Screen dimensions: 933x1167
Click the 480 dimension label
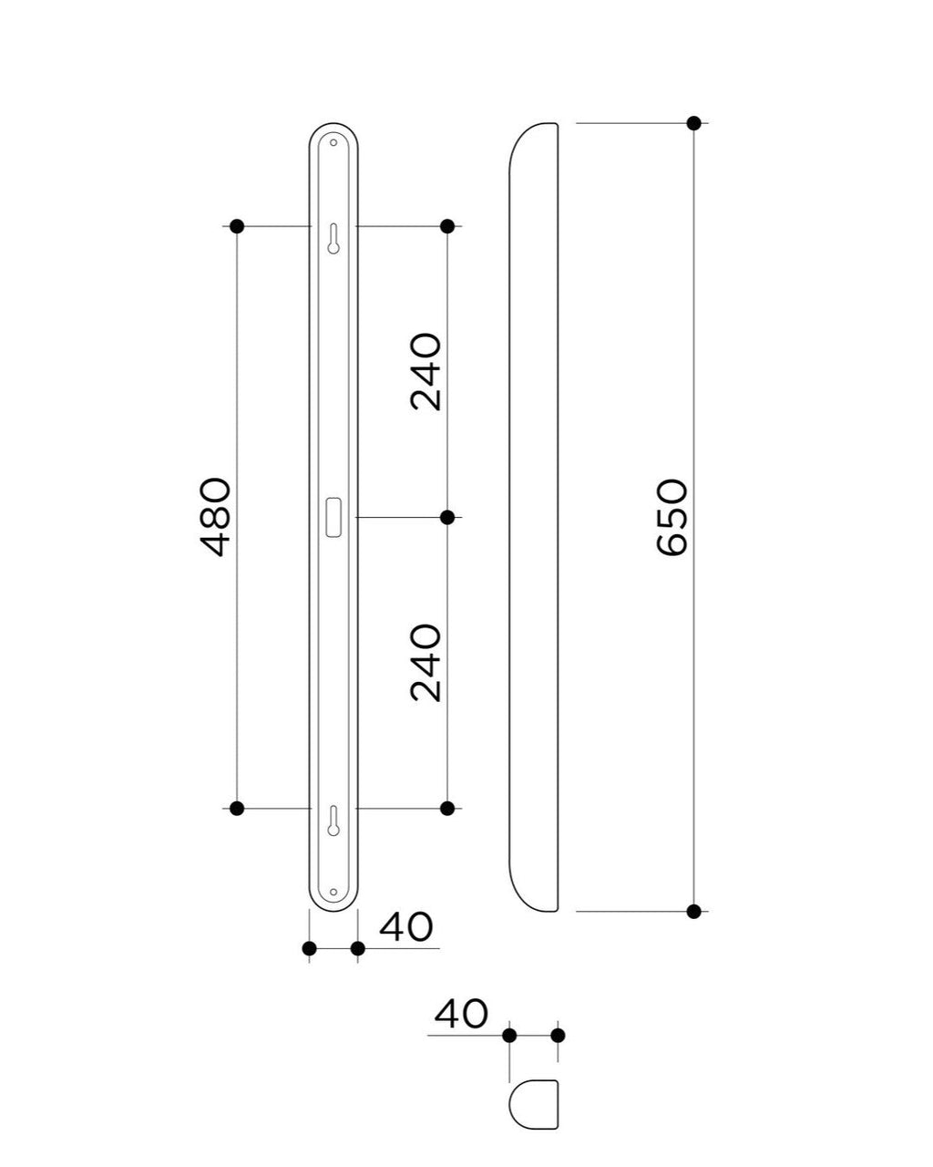(x=215, y=516)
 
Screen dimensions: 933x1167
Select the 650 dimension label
(x=672, y=517)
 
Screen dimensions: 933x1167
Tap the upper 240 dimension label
(x=425, y=371)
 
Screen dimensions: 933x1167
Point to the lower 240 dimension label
(x=425, y=663)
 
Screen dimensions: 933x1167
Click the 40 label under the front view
(x=406, y=927)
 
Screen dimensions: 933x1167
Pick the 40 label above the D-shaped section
(x=461, y=1014)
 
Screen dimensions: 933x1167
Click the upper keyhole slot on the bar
(x=333, y=238)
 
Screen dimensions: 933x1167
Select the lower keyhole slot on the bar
(x=333, y=821)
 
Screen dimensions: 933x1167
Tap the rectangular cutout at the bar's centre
(x=333, y=517)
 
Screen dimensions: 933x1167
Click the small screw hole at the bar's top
(x=333, y=142)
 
